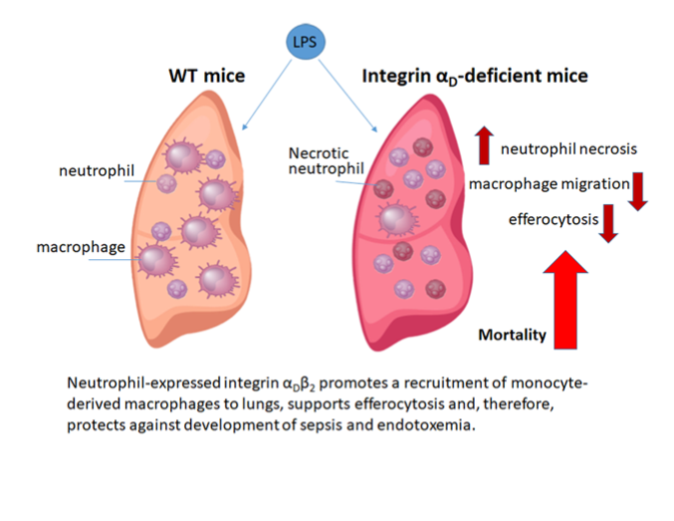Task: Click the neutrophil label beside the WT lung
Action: tap(93, 172)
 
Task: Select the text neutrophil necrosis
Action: tap(568, 149)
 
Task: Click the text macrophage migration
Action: tap(549, 184)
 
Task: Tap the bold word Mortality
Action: tap(513, 335)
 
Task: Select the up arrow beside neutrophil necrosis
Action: tap(484, 145)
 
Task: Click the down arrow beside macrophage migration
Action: tap(639, 190)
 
